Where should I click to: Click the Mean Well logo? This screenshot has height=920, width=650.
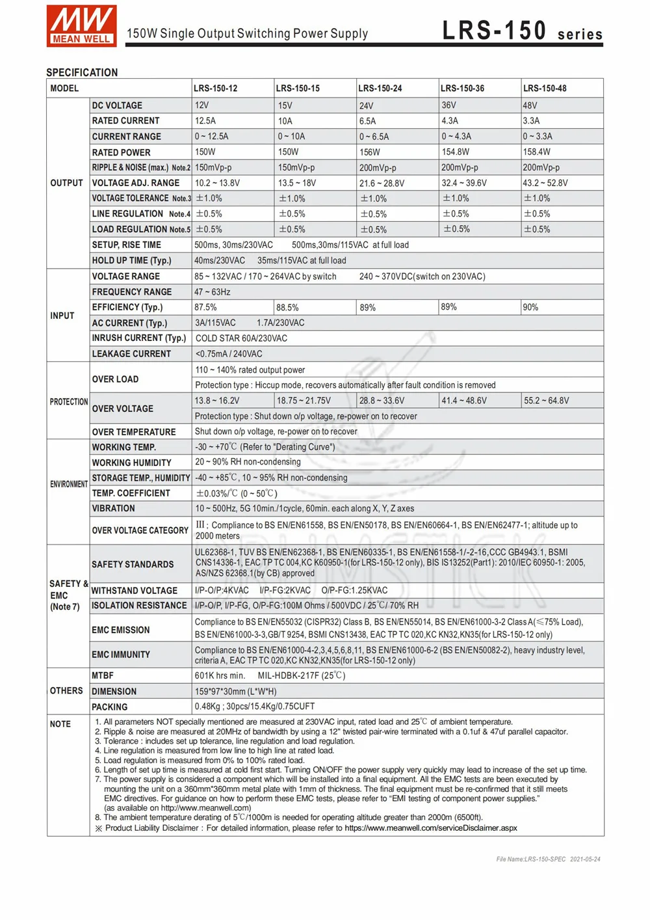81,26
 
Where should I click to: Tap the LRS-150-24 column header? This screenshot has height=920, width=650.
380,88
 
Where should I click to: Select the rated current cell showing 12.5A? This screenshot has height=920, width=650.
205,121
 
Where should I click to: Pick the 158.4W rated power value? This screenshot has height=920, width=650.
537,152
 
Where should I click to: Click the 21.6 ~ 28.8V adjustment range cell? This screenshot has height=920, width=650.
382,183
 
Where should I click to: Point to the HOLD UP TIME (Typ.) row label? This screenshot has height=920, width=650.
132,260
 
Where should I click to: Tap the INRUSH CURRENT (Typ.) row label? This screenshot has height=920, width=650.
139,338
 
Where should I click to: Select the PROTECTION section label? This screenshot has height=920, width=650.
68,402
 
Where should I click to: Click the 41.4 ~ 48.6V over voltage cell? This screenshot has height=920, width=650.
464,401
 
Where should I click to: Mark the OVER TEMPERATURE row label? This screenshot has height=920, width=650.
134,432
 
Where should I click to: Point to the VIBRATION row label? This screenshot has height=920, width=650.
114,509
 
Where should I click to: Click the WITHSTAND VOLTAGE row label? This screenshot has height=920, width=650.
135,591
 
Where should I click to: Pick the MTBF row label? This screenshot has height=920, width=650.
103,676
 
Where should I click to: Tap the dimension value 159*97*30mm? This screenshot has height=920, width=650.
235,692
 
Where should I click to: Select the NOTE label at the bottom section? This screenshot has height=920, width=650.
60,724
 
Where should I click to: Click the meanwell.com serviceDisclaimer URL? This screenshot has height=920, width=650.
430,828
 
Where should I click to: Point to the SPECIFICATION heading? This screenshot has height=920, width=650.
82,73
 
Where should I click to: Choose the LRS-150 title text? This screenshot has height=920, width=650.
494,31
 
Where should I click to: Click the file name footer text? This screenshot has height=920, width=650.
548,859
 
